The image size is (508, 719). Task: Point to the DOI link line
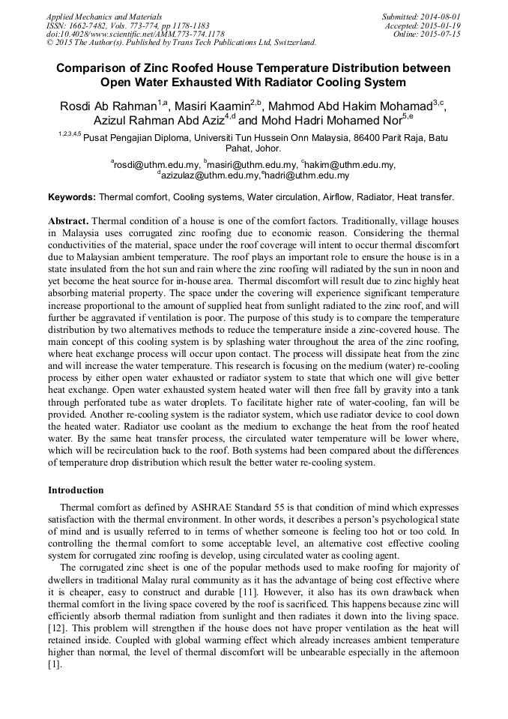(135, 34)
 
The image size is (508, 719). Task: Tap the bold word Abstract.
(69, 222)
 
